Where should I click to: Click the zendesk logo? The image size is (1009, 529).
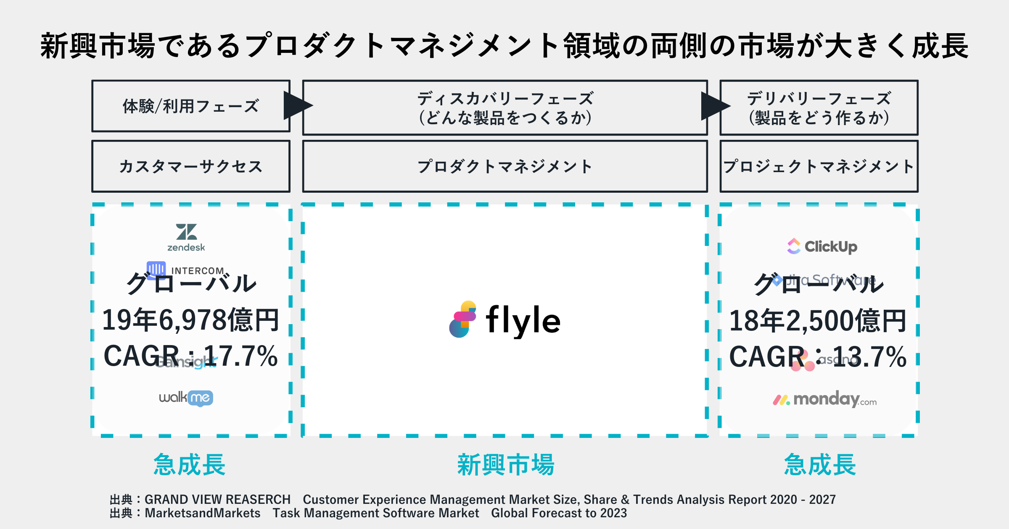[186, 237]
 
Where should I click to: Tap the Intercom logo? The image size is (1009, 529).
[185, 269]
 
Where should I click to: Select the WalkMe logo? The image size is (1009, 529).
[186, 398]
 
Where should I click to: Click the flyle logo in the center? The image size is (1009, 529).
[505, 320]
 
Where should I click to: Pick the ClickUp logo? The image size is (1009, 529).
[822, 246]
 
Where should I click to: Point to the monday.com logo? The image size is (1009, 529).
[824, 399]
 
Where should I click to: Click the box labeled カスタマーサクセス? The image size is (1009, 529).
[191, 167]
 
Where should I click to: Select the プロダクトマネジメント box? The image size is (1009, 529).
[505, 167]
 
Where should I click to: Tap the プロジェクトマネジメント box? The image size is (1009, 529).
[819, 167]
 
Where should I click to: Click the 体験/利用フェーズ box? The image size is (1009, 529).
[191, 106]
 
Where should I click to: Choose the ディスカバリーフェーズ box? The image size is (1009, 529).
[505, 108]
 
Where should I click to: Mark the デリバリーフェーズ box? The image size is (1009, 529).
[819, 108]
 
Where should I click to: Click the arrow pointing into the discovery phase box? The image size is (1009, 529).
[297, 105]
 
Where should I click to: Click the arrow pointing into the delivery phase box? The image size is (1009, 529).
[715, 105]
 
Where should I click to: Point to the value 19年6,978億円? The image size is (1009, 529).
[190, 320]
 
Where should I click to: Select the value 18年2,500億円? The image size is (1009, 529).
[818, 321]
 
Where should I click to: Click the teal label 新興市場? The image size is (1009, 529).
[506, 465]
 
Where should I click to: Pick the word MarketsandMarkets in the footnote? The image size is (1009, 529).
[203, 513]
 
